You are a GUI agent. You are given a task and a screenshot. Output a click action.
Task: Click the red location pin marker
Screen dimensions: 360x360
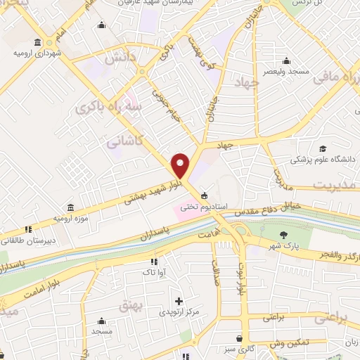click(x=181, y=165)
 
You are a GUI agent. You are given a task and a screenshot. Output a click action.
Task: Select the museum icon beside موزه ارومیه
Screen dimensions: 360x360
click(x=70, y=208)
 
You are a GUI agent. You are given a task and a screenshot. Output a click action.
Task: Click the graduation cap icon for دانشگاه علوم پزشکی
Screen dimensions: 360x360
click(x=322, y=149)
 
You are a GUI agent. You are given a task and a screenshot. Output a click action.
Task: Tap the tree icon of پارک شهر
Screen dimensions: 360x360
click(x=283, y=235)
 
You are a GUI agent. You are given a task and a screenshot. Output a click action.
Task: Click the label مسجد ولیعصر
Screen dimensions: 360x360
click(x=285, y=72)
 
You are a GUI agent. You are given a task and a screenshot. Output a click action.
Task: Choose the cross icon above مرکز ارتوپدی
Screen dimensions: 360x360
click(x=179, y=301)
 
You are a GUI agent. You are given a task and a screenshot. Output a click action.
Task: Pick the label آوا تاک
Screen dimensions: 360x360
click(x=153, y=271)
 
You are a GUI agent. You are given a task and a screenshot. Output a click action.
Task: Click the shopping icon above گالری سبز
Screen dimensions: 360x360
click(x=240, y=338)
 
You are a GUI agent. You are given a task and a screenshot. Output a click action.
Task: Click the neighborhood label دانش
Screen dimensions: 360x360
click(x=115, y=61)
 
